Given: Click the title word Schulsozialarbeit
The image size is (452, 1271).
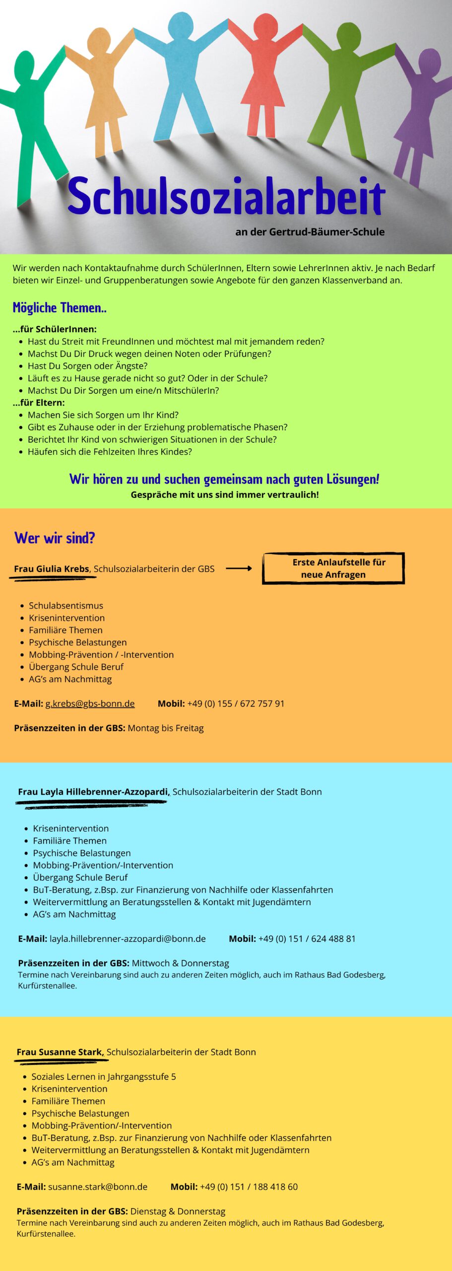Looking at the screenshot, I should pyautogui.click(x=226, y=196).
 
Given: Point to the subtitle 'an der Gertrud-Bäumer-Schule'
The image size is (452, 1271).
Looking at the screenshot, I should pyautogui.click(x=310, y=232).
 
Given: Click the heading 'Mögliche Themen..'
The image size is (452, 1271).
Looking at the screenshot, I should pyautogui.click(x=60, y=308).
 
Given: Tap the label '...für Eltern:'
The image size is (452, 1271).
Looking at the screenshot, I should pyautogui.click(x=39, y=403).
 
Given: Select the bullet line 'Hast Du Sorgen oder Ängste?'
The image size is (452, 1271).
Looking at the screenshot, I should pyautogui.click(x=88, y=366).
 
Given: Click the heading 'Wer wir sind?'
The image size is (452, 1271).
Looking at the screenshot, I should pyautogui.click(x=55, y=538).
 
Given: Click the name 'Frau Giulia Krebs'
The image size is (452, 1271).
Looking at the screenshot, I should pyautogui.click(x=52, y=569).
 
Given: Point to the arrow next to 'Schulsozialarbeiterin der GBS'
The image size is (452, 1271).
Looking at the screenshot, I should pyautogui.click(x=239, y=568).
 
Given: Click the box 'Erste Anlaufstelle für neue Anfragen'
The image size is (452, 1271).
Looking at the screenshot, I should pyautogui.click(x=333, y=568).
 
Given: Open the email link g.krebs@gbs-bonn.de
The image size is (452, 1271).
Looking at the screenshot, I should pyautogui.click(x=90, y=704).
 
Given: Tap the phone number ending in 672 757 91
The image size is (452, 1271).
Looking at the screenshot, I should pyautogui.click(x=236, y=704).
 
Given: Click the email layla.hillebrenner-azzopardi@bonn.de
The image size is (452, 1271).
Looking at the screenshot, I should pyautogui.click(x=128, y=939).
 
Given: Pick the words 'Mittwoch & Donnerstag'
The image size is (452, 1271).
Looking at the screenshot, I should pyautogui.click(x=180, y=963).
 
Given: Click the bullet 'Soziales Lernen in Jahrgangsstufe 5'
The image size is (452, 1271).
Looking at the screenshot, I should pyautogui.click(x=104, y=1076).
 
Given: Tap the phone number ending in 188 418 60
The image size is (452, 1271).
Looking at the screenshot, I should pyautogui.click(x=249, y=1187).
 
